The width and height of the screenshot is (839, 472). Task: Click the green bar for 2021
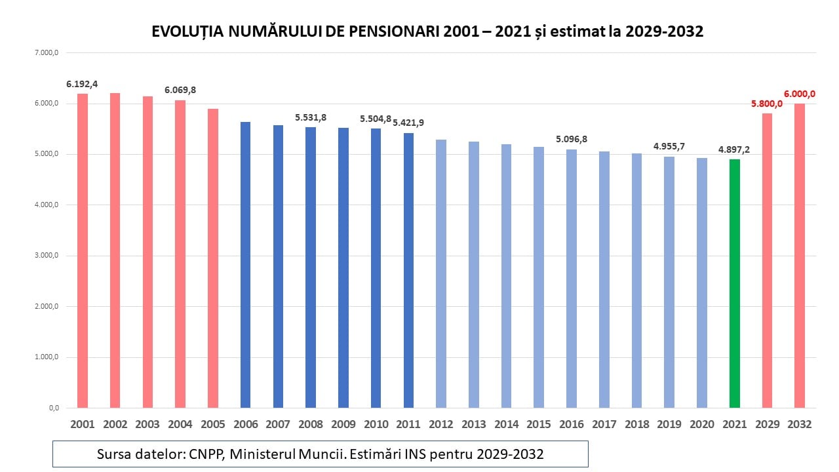pos(734,283)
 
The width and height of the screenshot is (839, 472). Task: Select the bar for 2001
pos(83,250)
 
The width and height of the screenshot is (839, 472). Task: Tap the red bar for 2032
pos(799,256)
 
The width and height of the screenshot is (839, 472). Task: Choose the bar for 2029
pos(767,260)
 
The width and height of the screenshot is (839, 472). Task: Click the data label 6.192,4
pos(82,84)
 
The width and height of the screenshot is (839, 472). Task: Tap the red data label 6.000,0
pos(799,94)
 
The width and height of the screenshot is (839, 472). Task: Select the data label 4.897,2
pos(734,149)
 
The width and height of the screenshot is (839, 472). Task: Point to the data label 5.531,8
pos(311,117)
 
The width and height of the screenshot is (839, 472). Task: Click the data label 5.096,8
pos(572,139)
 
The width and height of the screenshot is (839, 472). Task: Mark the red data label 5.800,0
pos(767,104)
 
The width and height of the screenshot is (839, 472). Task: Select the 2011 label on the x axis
pos(408,425)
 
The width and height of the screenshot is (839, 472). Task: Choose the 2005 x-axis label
pos(213,425)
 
